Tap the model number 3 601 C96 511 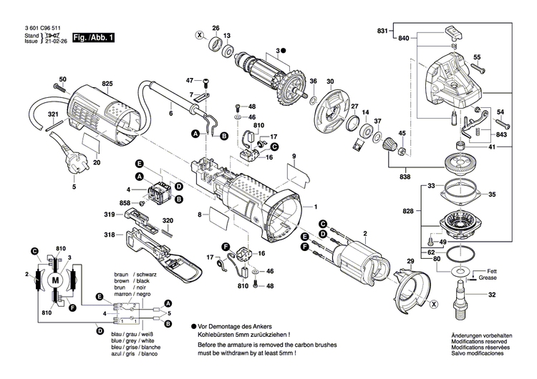pyautogui.click(x=31, y=27)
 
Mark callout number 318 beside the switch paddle pyautogui.click(x=109, y=235)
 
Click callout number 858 pyautogui.click(x=125, y=204)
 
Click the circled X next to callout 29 pyautogui.click(x=432, y=304)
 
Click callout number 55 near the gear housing pyautogui.click(x=477, y=57)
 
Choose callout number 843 pyautogui.click(x=501, y=135)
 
